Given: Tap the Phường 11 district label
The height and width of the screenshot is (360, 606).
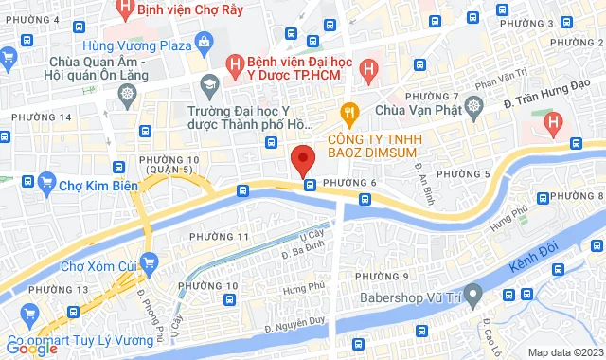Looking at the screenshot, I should coord(219,235).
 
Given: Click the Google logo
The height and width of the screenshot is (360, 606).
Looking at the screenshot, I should coord(31,349).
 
